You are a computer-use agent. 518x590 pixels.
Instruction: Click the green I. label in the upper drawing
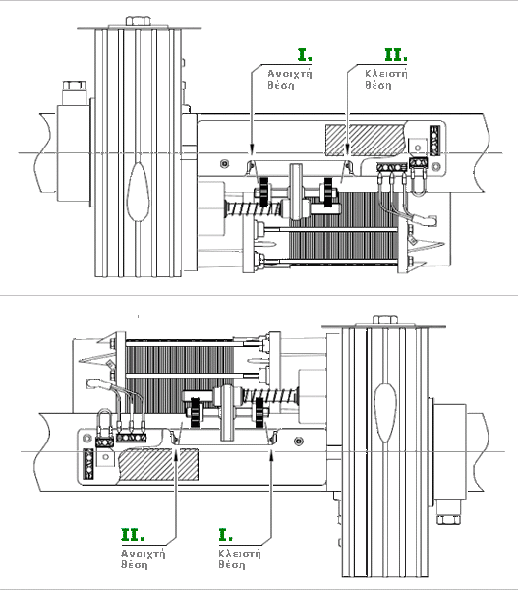305,55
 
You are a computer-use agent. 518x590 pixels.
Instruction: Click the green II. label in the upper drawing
396,55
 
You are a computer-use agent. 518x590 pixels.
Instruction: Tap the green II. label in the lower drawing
132,535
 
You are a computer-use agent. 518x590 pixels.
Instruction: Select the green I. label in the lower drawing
225,535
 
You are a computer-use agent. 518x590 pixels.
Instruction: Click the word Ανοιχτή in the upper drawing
290,74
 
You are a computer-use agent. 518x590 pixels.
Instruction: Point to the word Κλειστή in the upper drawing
386,73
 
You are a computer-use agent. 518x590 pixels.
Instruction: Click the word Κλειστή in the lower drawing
240,553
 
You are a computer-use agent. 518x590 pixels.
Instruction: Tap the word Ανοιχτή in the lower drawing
143,553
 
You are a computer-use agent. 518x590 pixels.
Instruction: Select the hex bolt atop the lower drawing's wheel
385,320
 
